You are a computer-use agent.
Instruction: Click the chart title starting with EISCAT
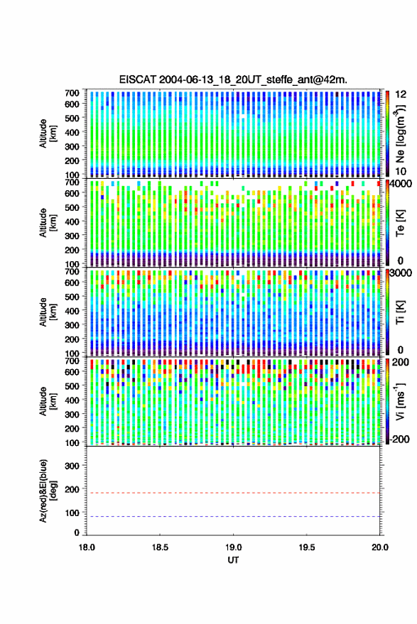tap(233, 80)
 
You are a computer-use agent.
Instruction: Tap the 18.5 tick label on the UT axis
tap(160, 547)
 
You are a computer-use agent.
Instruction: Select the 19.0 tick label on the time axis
tap(233, 547)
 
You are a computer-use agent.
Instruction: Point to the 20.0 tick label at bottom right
tap(380, 547)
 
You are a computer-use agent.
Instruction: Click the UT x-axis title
tap(233, 560)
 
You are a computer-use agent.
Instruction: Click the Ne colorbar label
tap(400, 133)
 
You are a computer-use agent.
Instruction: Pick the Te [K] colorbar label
tap(400, 223)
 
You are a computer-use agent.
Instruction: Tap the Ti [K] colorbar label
tap(400, 312)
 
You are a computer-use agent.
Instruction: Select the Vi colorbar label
tap(400, 401)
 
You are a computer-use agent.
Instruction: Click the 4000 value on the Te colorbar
tap(400, 185)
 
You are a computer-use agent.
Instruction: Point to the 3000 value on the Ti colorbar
tap(400, 273)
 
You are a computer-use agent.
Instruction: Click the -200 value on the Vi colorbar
tap(399, 439)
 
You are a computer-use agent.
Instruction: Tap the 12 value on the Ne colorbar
tap(401, 94)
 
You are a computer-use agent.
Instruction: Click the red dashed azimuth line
tap(233, 493)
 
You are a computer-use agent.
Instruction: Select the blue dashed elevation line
tap(233, 517)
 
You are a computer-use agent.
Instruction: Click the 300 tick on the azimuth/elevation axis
tap(72, 466)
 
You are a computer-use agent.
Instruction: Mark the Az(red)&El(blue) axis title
tap(48, 491)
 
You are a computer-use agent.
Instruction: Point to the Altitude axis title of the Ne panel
tap(48, 133)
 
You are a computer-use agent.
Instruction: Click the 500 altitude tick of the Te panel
tap(72, 207)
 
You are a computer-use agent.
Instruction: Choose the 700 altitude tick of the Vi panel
tap(72, 361)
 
